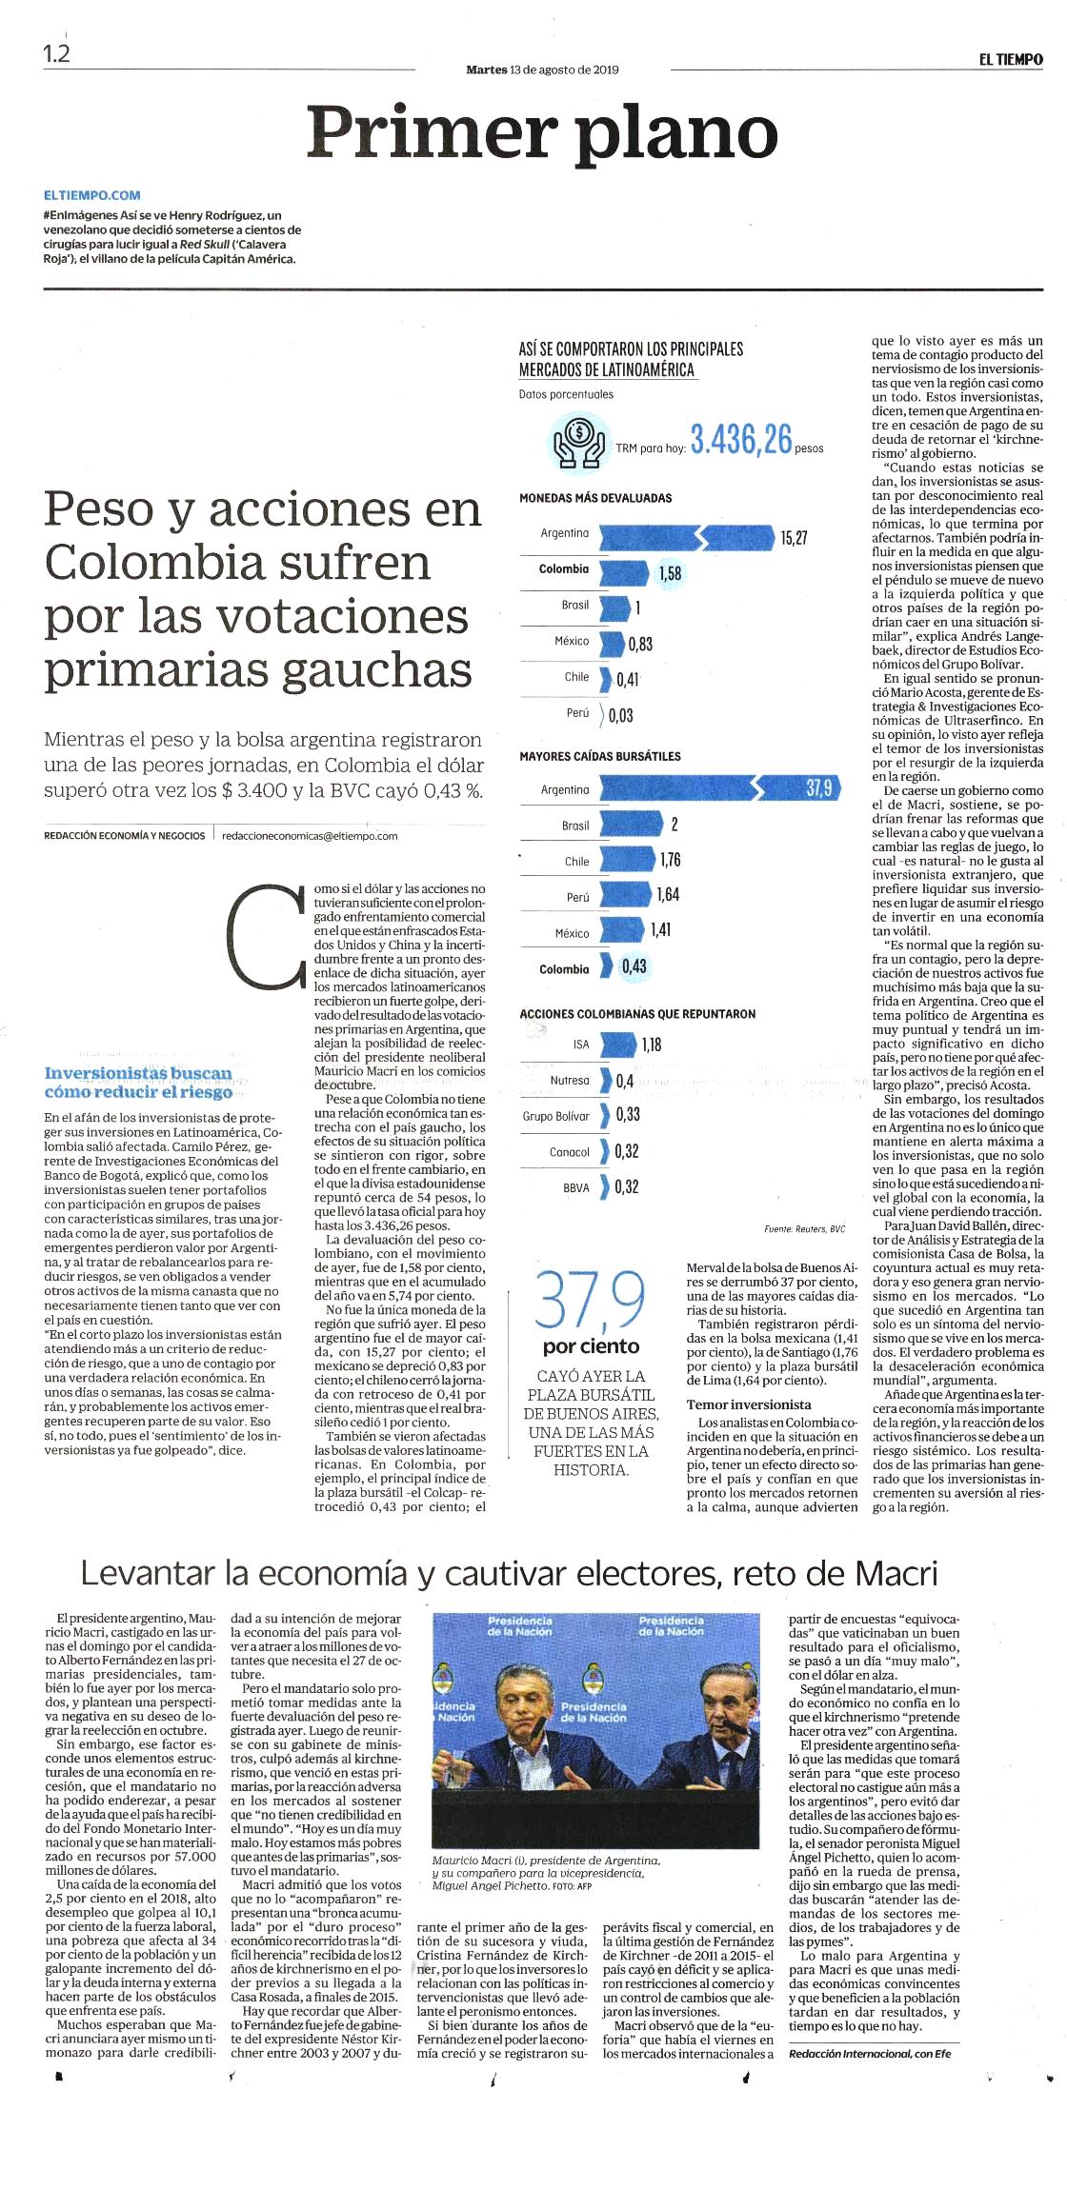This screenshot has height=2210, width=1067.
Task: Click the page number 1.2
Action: click(57, 54)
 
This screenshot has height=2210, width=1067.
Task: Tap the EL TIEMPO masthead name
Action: click(1011, 59)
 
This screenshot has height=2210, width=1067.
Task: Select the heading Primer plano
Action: click(543, 132)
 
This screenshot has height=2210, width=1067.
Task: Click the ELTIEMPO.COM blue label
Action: click(92, 195)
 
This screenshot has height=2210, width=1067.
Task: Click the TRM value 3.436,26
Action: click(741, 440)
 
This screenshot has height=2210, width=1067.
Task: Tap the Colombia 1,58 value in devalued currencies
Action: click(669, 574)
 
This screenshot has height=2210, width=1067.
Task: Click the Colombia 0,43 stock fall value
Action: click(634, 966)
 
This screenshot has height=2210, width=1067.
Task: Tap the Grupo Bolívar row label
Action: click(556, 1116)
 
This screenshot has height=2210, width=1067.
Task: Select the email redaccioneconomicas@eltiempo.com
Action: click(310, 836)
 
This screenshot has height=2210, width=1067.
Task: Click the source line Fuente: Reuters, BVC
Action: click(805, 1229)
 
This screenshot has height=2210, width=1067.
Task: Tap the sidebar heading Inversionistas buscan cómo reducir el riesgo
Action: click(138, 1083)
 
